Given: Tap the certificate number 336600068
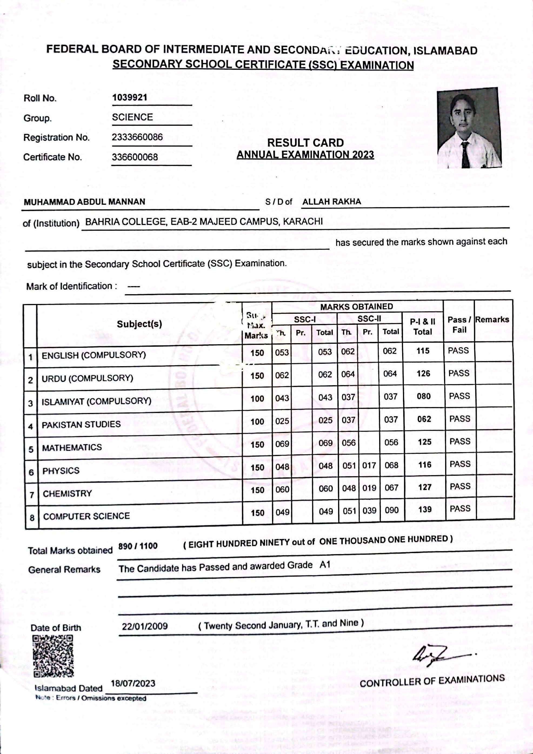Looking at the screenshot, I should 135,157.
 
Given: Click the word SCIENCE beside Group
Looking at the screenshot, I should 132,117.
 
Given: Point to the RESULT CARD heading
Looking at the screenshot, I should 305,143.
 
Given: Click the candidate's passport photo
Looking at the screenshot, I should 470,128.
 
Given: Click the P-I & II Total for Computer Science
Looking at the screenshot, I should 425,509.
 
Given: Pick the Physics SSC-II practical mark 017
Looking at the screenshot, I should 369,465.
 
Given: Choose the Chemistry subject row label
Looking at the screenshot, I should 67,494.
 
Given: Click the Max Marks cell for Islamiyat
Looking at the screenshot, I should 257,399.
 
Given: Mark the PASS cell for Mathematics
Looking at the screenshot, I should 460,441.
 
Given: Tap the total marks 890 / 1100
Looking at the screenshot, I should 138,546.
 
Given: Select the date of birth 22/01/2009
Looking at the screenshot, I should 145,626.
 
